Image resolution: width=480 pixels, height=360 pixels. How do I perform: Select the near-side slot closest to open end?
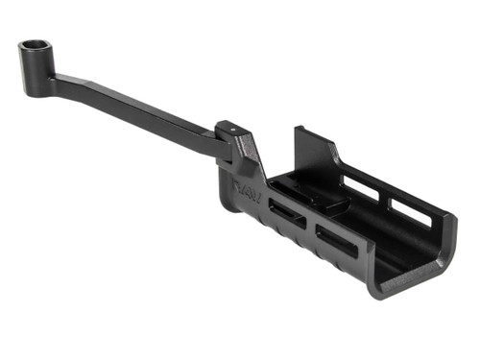click(335, 241)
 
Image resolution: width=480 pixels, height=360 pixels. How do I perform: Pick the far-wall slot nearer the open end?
click(411, 210)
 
